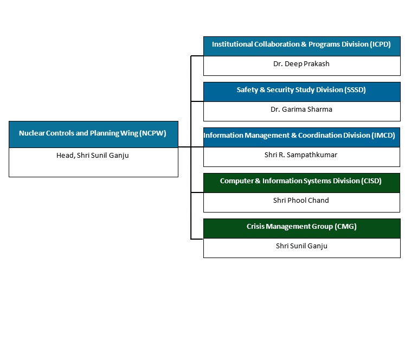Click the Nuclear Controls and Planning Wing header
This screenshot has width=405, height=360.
[x=93, y=133]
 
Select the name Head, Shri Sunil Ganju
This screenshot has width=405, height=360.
[x=93, y=155]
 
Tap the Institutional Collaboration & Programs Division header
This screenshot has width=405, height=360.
[x=301, y=44]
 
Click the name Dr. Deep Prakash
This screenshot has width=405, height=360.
[x=301, y=64]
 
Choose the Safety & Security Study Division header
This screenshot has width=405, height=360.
[x=301, y=90]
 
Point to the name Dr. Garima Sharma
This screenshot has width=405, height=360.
[x=301, y=110]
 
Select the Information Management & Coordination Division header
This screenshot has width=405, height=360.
[x=299, y=136]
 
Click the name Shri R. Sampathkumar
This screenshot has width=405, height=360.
[x=301, y=155]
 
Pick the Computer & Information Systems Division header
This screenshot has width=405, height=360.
[x=301, y=181]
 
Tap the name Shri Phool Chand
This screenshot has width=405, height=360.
[x=301, y=201]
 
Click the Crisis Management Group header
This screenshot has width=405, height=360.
[x=301, y=227]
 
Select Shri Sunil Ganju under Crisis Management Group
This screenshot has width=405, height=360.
[x=301, y=246]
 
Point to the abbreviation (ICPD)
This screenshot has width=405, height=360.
[x=379, y=44]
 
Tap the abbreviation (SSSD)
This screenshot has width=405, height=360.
[x=355, y=90]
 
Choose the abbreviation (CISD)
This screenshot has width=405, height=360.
[x=371, y=181]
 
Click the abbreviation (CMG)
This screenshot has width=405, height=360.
[x=345, y=227]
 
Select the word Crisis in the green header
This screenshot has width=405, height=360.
[x=256, y=227]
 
